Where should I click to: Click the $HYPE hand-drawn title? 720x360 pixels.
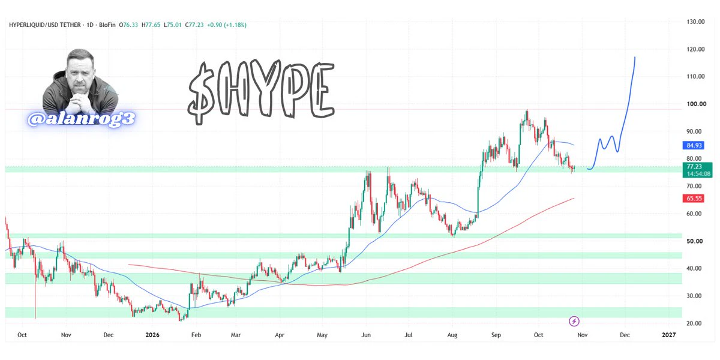(261, 92)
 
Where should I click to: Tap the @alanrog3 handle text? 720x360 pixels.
(81, 119)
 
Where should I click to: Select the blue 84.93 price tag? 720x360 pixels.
(694, 145)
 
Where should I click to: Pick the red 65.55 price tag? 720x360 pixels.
(694, 199)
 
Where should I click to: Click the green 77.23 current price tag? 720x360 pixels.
(697, 170)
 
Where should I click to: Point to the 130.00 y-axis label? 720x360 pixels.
(695, 22)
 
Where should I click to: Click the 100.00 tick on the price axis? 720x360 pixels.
(696, 104)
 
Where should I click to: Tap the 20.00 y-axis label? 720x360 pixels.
(694, 323)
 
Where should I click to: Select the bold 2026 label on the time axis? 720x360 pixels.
(152, 335)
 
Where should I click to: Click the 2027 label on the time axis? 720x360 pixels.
(668, 335)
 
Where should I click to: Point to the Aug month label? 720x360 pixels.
(452, 335)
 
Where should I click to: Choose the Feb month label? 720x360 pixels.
(196, 335)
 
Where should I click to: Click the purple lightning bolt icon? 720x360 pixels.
(574, 321)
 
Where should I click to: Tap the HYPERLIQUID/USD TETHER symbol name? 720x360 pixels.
(44, 25)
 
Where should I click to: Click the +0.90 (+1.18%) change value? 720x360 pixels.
(227, 25)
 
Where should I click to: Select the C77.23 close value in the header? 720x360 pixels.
(194, 25)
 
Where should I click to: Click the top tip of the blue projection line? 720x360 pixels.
(635, 57)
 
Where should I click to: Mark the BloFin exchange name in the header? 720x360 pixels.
(107, 25)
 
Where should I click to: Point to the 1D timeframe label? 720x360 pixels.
(89, 25)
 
